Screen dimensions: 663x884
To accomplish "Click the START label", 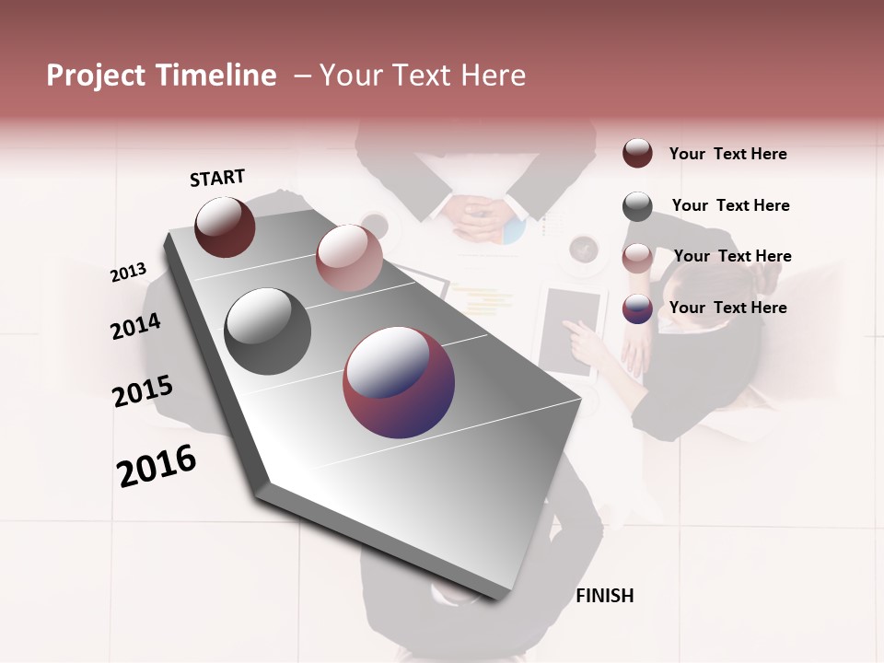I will tap(217, 178).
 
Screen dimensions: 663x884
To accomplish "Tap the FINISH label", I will tap(604, 596).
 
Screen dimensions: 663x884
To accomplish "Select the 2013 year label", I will tap(128, 273).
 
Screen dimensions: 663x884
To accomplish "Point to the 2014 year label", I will tap(135, 327).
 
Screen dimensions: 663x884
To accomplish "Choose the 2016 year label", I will tap(157, 467).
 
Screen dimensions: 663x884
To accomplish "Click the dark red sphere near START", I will tap(225, 227).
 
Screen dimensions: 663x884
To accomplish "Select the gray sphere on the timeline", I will tap(267, 331).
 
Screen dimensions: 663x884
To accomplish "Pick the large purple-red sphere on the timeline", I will tap(398, 383).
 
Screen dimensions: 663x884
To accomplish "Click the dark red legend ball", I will tap(637, 153).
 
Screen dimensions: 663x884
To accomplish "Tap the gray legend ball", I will tap(637, 205).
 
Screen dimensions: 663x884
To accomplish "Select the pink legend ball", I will tap(637, 257).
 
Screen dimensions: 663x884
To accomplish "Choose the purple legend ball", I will tap(637, 308).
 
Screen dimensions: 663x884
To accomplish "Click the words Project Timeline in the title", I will tap(161, 76).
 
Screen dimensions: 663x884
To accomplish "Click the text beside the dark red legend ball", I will tap(727, 154).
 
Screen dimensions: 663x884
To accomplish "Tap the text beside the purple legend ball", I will tap(727, 308).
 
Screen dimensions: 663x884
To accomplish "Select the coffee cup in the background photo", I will tap(584, 250).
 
